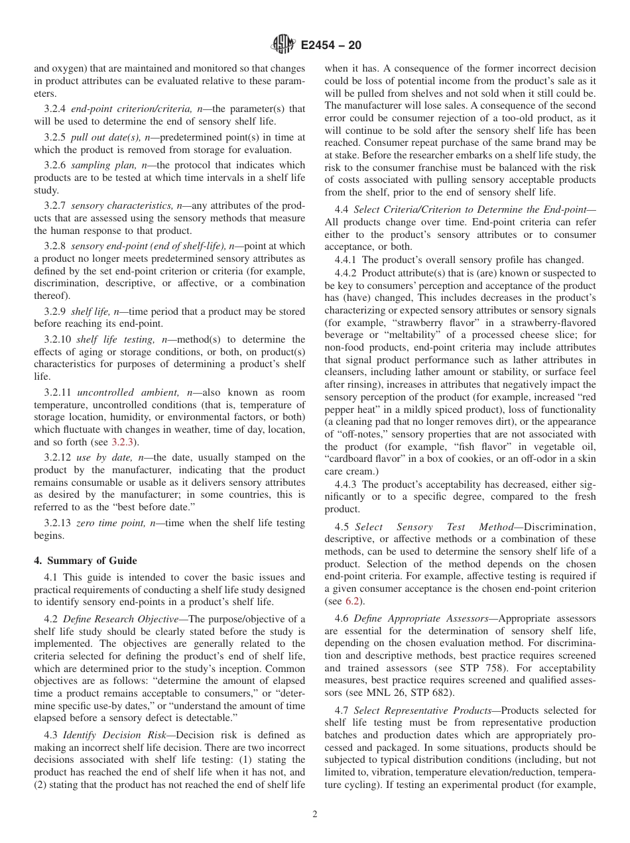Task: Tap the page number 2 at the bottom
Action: [x=315, y=815]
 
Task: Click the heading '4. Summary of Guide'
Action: [x=86, y=561]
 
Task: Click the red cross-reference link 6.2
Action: [x=352, y=601]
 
